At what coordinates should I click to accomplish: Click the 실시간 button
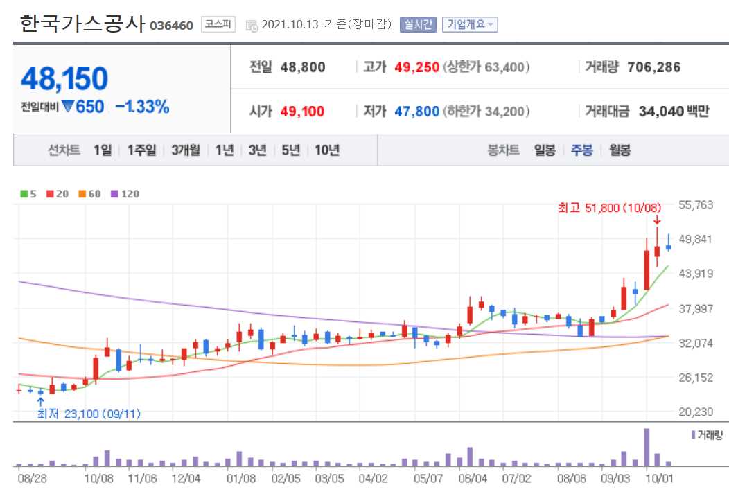[417, 25]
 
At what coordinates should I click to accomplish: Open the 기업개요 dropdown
[469, 25]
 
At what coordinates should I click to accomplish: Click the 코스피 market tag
[218, 25]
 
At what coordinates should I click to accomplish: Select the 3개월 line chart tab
[186, 150]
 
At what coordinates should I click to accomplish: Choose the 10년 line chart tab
[327, 150]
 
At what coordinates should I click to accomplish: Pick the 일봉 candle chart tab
[545, 150]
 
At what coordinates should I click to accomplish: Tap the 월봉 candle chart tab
[620, 150]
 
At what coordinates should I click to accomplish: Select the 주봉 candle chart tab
[581, 150]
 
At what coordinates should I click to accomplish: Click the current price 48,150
[64, 79]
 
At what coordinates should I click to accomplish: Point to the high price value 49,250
[417, 67]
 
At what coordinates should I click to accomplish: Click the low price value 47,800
[417, 111]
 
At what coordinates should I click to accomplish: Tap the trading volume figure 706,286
[653, 67]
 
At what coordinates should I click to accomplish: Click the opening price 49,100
[302, 111]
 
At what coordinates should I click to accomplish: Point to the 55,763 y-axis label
[695, 204]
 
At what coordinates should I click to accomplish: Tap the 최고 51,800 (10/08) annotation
[610, 206]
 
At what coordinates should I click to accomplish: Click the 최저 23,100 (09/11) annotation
[89, 414]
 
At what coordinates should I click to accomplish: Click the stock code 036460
[171, 26]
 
